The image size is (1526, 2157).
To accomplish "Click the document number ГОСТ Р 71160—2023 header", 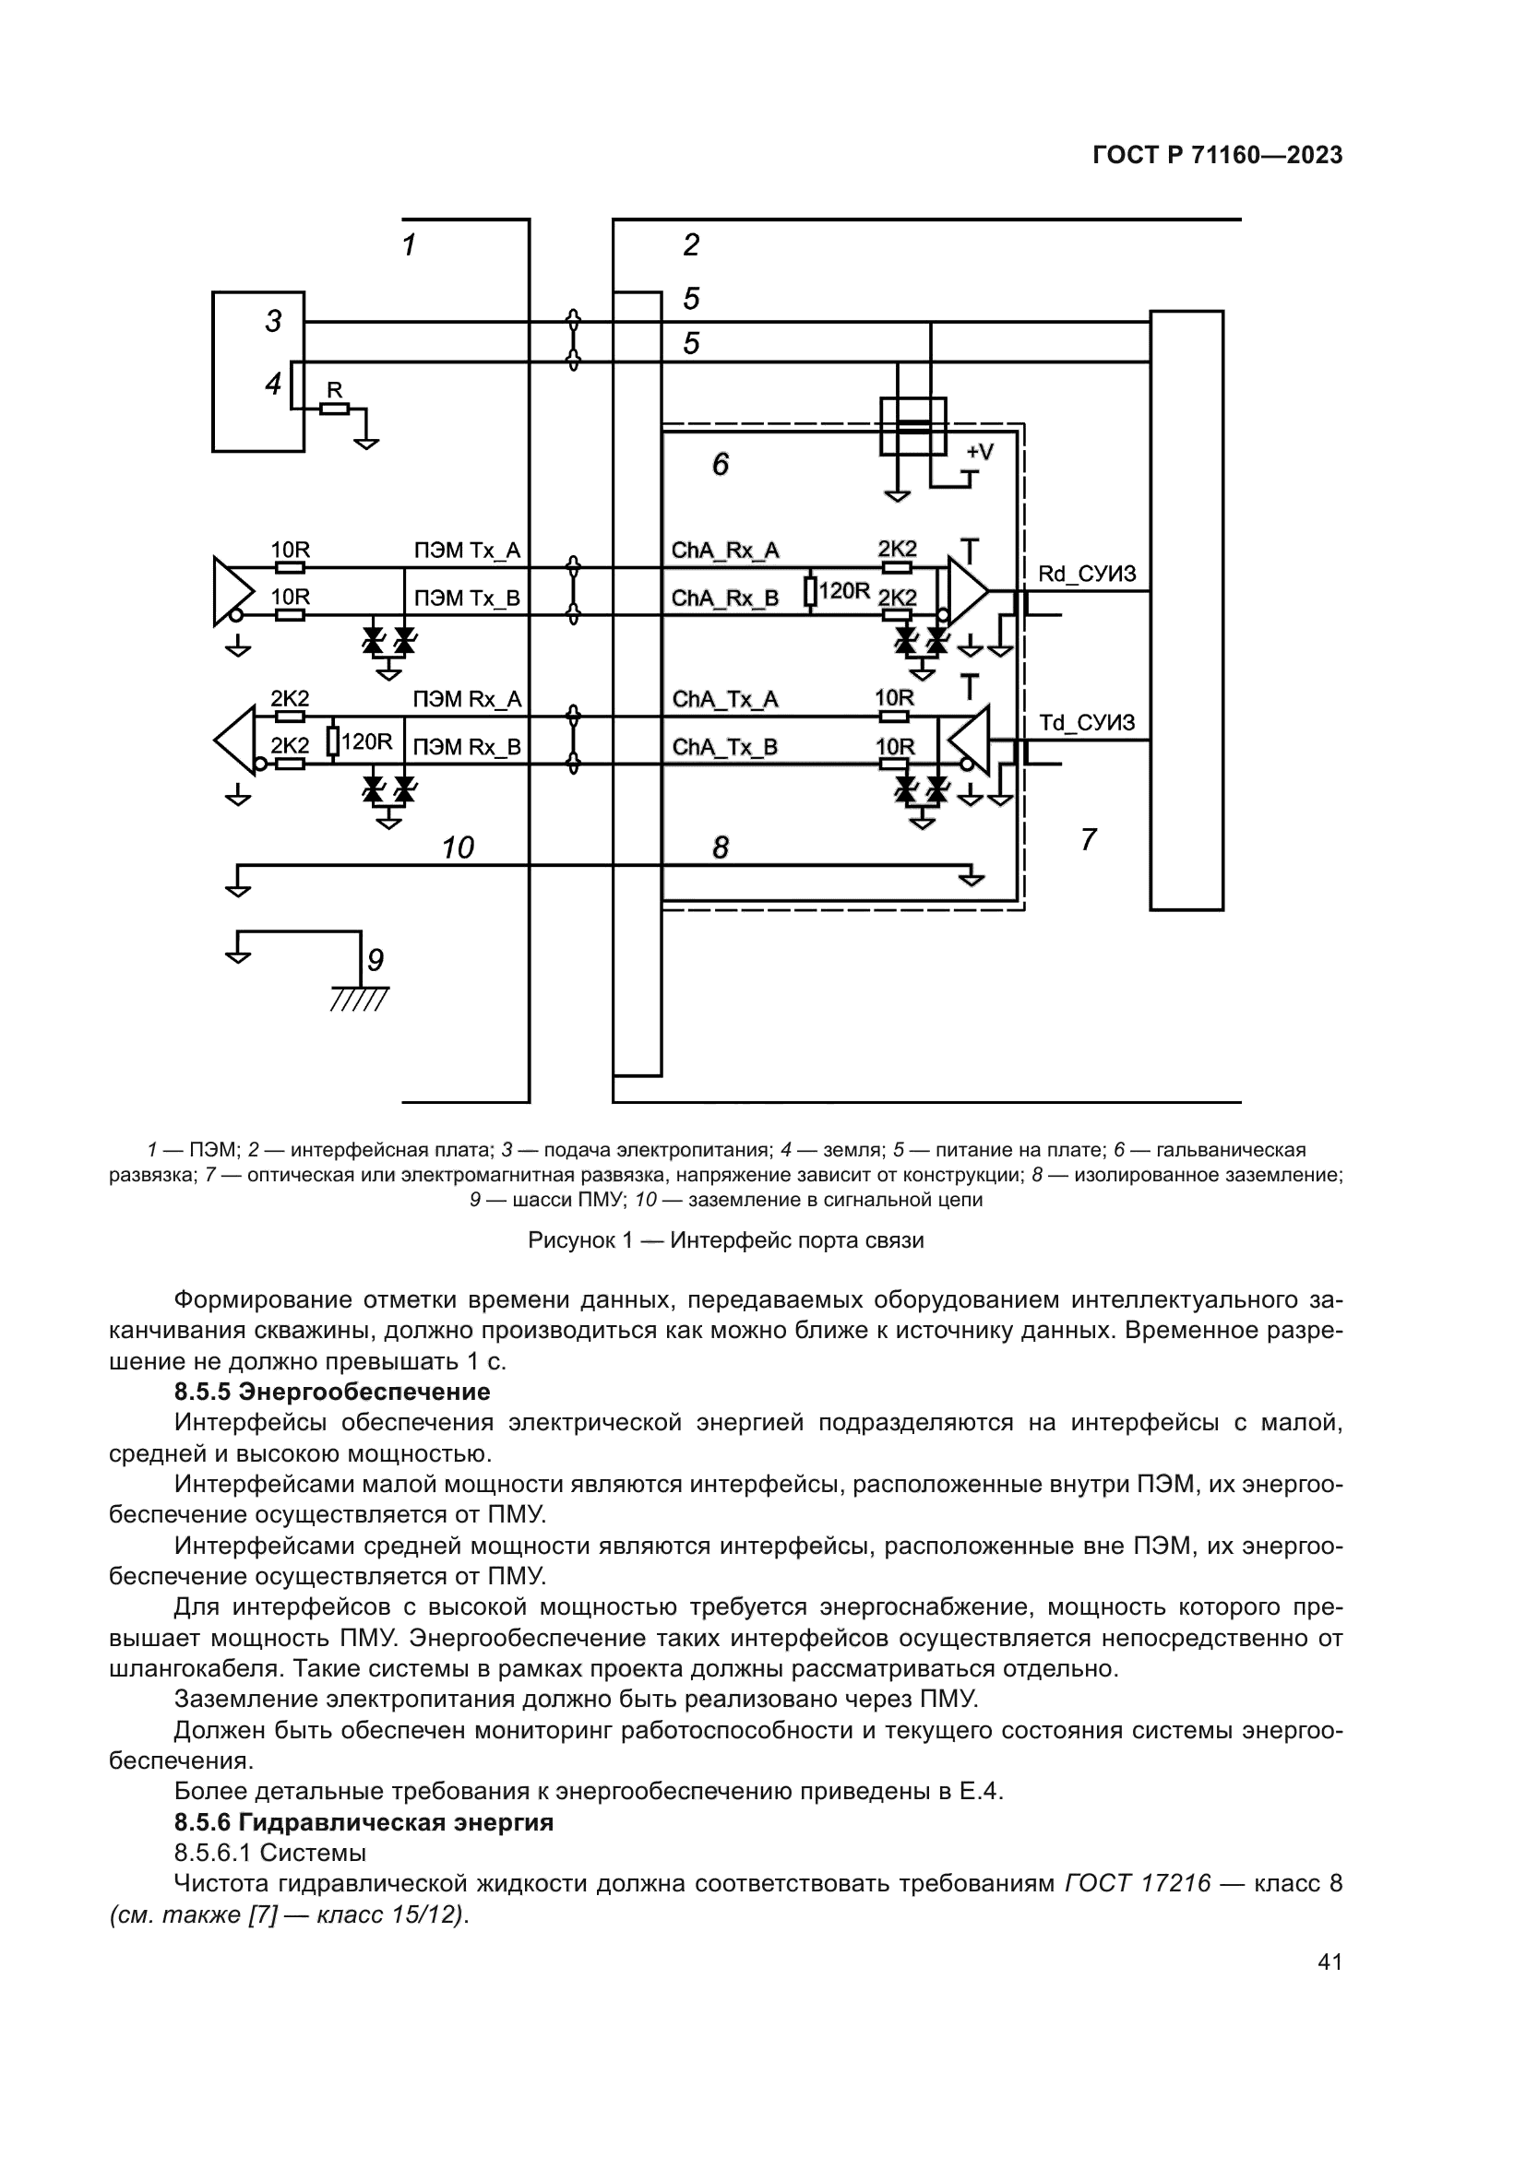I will click(x=1218, y=156).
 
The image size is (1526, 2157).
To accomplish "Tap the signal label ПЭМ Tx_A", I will click(x=467, y=551).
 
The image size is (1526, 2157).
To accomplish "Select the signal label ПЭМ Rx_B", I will click(x=467, y=747).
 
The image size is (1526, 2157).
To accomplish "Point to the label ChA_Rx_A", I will click(x=725, y=551).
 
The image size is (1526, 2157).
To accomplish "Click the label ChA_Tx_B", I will click(x=725, y=747).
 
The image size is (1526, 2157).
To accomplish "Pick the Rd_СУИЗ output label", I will click(x=1087, y=573).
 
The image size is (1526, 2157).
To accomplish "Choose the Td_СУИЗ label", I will click(x=1087, y=722).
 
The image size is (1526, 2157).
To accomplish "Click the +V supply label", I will click(x=979, y=452).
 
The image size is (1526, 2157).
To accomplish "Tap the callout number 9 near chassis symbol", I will click(x=375, y=960).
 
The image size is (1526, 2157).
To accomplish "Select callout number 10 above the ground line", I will click(x=458, y=848).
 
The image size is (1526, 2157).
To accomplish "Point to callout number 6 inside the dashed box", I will click(x=721, y=464).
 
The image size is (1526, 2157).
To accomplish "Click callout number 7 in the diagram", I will click(x=1089, y=839).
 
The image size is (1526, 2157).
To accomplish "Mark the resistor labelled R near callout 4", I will click(x=335, y=408).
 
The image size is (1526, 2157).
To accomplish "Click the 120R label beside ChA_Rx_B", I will click(x=845, y=591).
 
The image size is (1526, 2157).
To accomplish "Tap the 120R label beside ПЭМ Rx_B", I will click(x=366, y=741).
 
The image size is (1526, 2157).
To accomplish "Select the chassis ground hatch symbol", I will click(x=360, y=999).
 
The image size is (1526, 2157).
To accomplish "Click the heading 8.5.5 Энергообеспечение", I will click(x=333, y=1392).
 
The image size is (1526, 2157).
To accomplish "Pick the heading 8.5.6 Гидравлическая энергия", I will click(x=364, y=1822).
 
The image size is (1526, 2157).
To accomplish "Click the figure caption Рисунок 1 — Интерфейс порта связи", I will click(x=725, y=1240).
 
